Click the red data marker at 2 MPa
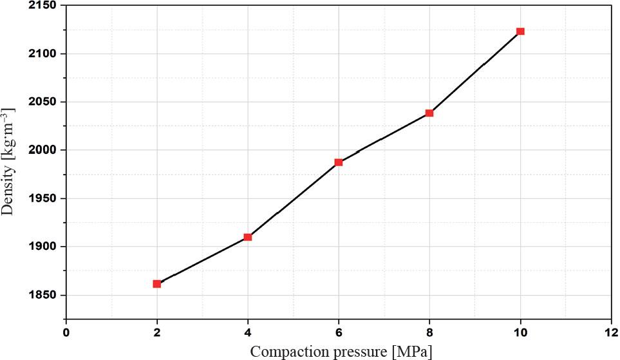tap(157, 283)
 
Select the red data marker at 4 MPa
tap(248, 237)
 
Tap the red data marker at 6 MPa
tap(339, 162)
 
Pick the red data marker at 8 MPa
tap(429, 113)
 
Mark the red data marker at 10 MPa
tap(520, 31)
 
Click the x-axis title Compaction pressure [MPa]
tap(341, 351)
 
